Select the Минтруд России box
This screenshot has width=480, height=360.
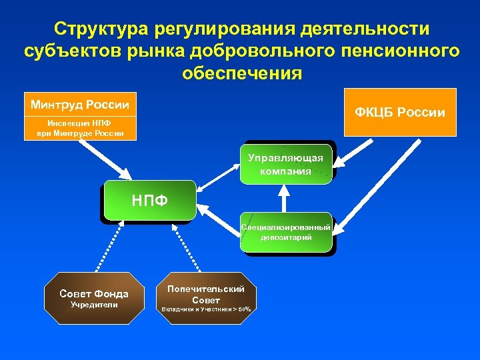tap(80, 105)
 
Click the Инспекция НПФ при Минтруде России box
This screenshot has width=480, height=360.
tap(80, 128)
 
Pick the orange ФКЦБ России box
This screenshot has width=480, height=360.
tap(400, 112)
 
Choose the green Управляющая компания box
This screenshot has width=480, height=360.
tap(285, 164)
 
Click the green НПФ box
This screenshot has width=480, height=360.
tap(149, 200)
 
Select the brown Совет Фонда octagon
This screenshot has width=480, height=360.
tap(94, 298)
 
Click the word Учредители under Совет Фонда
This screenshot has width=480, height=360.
tap(94, 305)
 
